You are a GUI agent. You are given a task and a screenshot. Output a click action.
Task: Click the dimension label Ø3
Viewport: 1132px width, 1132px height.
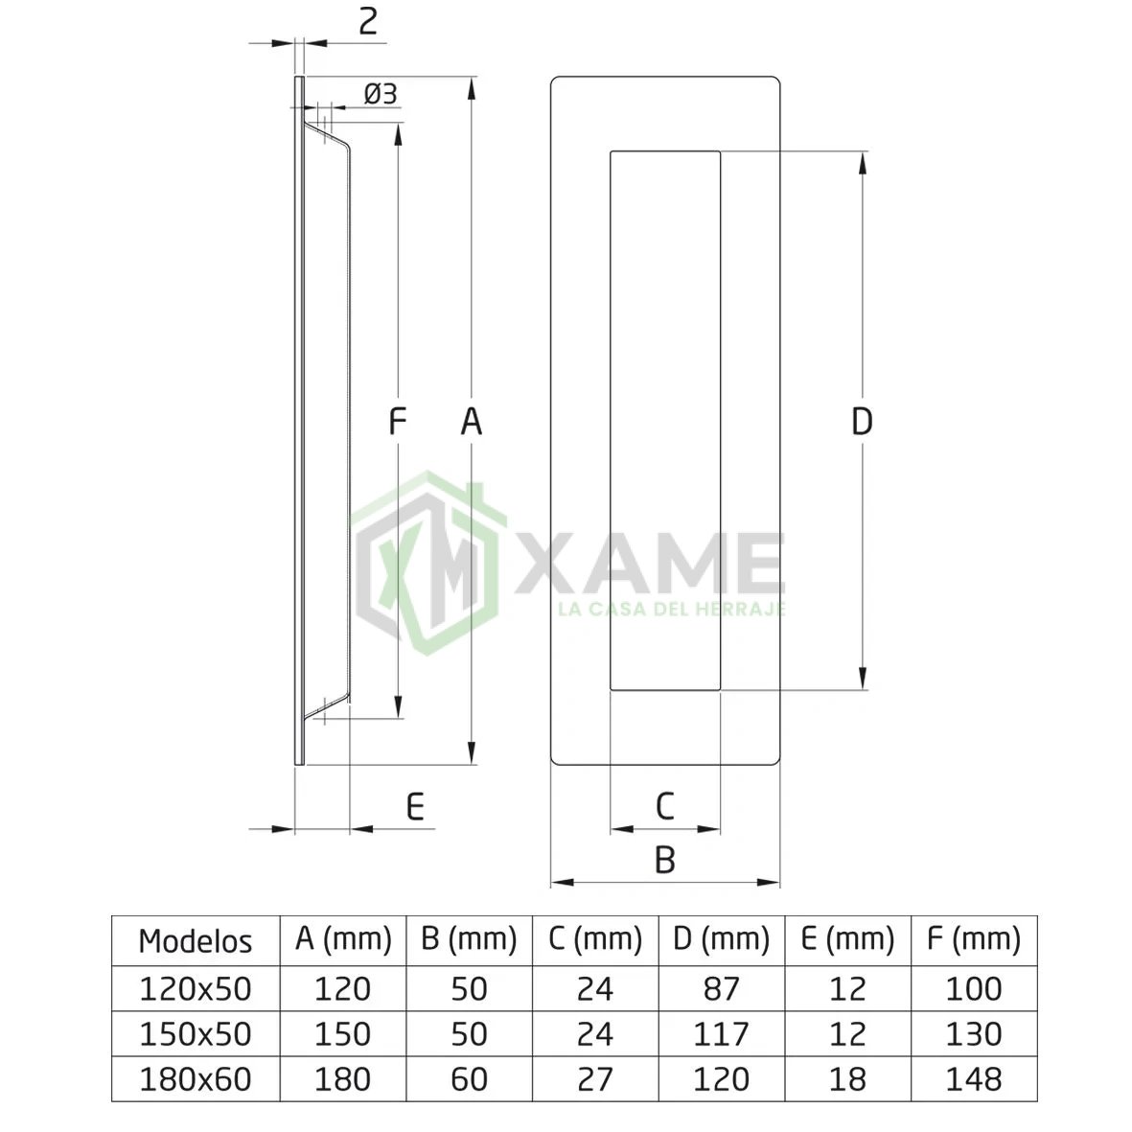pos(381,94)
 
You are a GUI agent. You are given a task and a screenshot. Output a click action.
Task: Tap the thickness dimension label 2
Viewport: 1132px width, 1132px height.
pos(368,22)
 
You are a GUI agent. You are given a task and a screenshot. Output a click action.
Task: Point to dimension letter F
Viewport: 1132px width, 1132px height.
pos(397,421)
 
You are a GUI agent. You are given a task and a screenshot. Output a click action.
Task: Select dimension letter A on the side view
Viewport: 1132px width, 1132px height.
pos(472,421)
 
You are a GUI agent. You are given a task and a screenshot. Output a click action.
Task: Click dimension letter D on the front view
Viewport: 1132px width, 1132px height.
pos(862,421)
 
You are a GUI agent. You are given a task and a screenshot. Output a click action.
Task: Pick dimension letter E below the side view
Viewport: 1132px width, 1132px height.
pos(415,806)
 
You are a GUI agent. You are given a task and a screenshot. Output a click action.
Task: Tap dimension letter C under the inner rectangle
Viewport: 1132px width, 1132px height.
pos(665,806)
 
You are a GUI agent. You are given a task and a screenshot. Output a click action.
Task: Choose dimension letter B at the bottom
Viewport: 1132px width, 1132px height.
pos(665,860)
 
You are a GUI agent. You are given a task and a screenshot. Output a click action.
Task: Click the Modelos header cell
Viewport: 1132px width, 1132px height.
pos(196,941)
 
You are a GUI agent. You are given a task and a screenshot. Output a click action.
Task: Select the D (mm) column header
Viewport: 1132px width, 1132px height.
pos(721,938)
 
